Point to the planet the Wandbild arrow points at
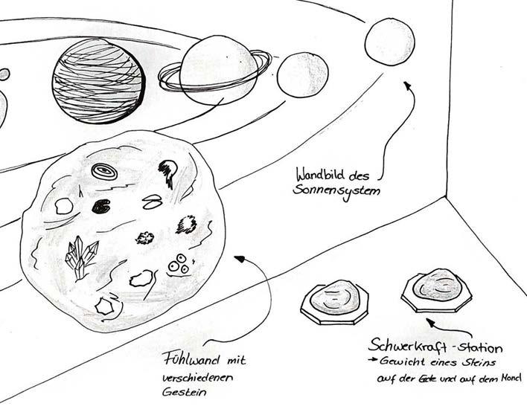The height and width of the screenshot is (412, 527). pyautogui.click(x=389, y=43)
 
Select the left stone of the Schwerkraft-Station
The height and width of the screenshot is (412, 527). pyautogui.click(x=334, y=300)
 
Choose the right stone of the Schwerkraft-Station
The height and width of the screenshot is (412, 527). pyautogui.click(x=437, y=290)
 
